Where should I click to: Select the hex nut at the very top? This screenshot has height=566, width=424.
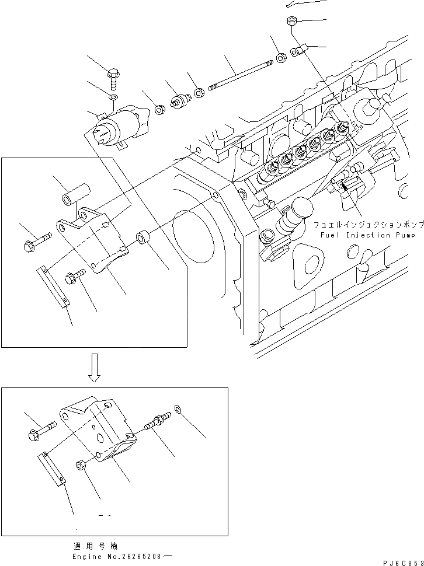(291, 22)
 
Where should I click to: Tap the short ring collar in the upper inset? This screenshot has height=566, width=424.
(144, 239)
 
